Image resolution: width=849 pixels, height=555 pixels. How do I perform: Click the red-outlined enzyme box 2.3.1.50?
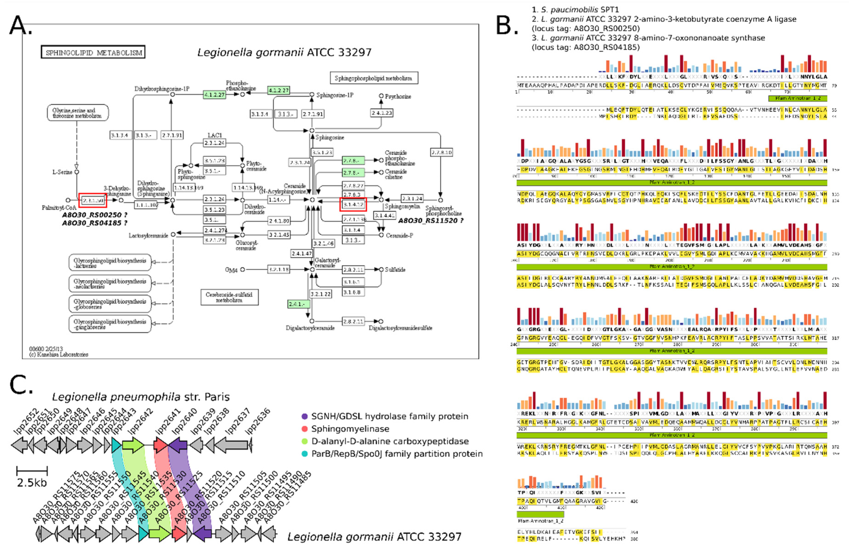[92, 201]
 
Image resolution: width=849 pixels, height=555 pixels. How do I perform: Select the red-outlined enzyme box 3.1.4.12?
[353, 204]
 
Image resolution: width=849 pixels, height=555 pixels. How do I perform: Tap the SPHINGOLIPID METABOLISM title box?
[93, 52]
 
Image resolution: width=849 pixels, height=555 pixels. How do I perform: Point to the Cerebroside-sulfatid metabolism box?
[229, 297]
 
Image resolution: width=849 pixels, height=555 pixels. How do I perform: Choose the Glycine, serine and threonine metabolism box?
[77, 113]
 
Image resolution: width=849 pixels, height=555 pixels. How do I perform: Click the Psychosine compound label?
[397, 96]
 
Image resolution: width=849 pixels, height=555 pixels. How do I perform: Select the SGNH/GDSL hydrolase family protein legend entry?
[389, 416]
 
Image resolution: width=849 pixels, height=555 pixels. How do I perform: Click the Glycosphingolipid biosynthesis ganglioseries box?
[110, 324]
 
